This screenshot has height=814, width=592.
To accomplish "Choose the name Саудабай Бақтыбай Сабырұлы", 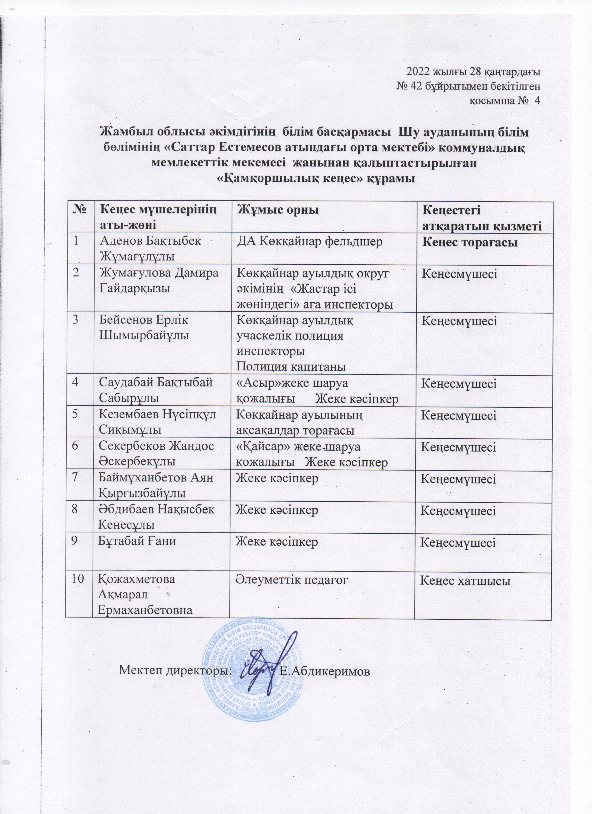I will pos(156,390).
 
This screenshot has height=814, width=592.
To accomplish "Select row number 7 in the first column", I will pos(75,478).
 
